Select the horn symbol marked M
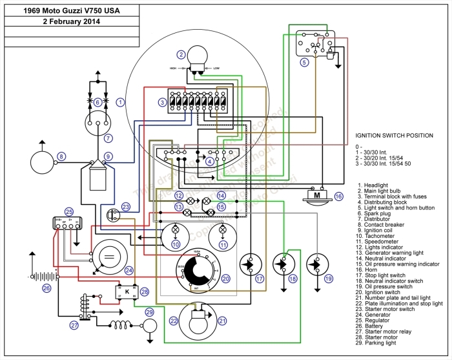click(x=317, y=195)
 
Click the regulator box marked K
click(x=127, y=291)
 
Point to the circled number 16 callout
click(x=338, y=196)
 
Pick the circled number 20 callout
click(x=225, y=279)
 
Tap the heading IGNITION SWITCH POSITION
click(x=395, y=136)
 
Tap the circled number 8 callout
click(x=61, y=156)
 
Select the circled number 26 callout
click(x=46, y=288)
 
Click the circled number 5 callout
click(x=303, y=63)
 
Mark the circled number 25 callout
click(x=69, y=211)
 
